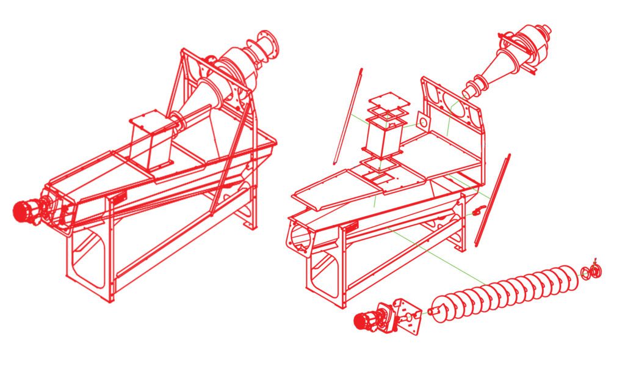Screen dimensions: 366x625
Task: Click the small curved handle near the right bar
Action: point(478,211)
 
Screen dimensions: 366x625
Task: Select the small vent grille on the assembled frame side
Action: point(119,196)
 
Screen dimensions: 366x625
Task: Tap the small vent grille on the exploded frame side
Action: point(350,228)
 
